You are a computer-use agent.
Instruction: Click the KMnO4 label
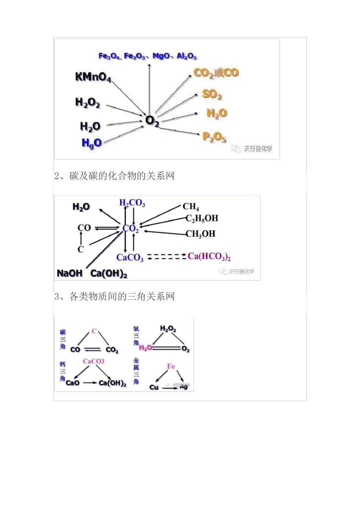[x=93, y=77]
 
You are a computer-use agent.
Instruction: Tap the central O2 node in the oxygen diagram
[x=152, y=121]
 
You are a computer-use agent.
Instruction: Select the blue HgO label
[x=92, y=143]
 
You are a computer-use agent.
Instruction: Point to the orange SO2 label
[x=212, y=94]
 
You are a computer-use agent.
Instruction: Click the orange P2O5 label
[x=214, y=137]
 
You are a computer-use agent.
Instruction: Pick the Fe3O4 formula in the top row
[x=109, y=56]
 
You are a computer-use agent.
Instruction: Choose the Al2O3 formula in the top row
[x=186, y=56]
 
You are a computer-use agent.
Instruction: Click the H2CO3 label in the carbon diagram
[x=132, y=203]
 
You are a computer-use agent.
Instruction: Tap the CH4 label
[x=191, y=206]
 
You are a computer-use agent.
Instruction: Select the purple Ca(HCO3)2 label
[x=209, y=257]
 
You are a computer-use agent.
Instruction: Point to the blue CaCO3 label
[x=130, y=258]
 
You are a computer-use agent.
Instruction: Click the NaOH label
[x=69, y=273]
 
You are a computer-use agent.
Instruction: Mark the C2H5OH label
[x=202, y=218]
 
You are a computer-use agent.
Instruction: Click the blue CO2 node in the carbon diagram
[x=130, y=229]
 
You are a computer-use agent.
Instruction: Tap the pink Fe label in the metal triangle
[x=171, y=366]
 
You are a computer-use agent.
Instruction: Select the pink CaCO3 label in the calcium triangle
[x=94, y=361]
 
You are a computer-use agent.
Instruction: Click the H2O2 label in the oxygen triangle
[x=168, y=329]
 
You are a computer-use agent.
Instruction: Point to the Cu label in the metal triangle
[x=154, y=387]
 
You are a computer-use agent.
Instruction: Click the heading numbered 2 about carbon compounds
[x=114, y=176]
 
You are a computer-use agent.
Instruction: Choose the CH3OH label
[x=200, y=234]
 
